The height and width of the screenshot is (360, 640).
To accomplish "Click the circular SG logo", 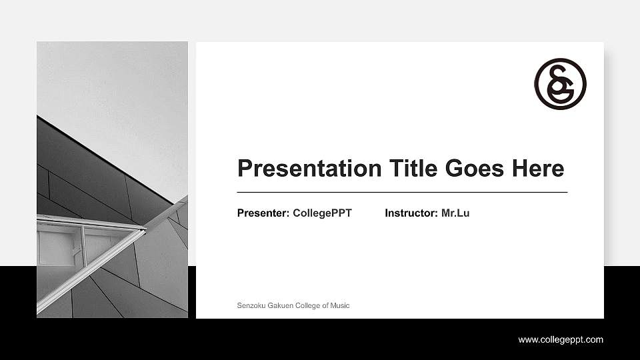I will coord(560,84).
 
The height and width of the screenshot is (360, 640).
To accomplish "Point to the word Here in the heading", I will coord(538,168).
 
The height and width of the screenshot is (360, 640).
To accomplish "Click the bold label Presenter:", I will coord(263,213).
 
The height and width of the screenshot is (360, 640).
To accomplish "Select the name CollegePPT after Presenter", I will coord(322,213).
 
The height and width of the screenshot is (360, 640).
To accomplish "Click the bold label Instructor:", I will coord(411,213).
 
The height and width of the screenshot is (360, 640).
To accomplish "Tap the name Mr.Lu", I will coord(455,213).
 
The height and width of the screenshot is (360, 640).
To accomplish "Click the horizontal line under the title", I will coord(402,192).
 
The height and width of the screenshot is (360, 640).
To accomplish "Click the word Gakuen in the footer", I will coord(279,305).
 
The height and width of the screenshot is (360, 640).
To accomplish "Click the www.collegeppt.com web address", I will coord(561,340).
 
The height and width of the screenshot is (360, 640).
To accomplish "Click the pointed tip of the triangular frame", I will coord(145,230).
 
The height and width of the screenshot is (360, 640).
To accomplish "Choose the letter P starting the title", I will coord(244,169).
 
